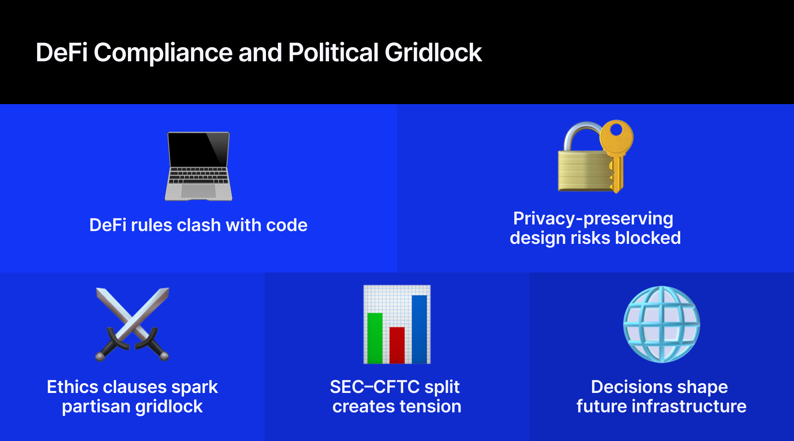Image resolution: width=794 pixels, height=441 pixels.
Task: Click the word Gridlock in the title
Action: point(433,53)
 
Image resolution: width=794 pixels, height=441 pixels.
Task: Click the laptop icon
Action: point(198,166)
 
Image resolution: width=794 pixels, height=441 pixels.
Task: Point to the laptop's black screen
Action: point(198,149)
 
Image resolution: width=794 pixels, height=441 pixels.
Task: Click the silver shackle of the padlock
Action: point(581,136)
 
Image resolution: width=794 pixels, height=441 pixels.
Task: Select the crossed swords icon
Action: point(132,324)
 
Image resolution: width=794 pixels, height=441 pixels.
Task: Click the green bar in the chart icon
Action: point(375,338)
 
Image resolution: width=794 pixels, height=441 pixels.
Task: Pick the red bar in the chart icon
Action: point(397,345)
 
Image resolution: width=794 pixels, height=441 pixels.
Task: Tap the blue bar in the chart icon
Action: point(419,329)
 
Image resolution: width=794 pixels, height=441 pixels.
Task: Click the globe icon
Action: point(662,324)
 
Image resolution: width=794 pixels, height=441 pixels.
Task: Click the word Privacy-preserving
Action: point(593,219)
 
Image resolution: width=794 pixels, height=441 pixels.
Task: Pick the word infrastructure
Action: point(689,407)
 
